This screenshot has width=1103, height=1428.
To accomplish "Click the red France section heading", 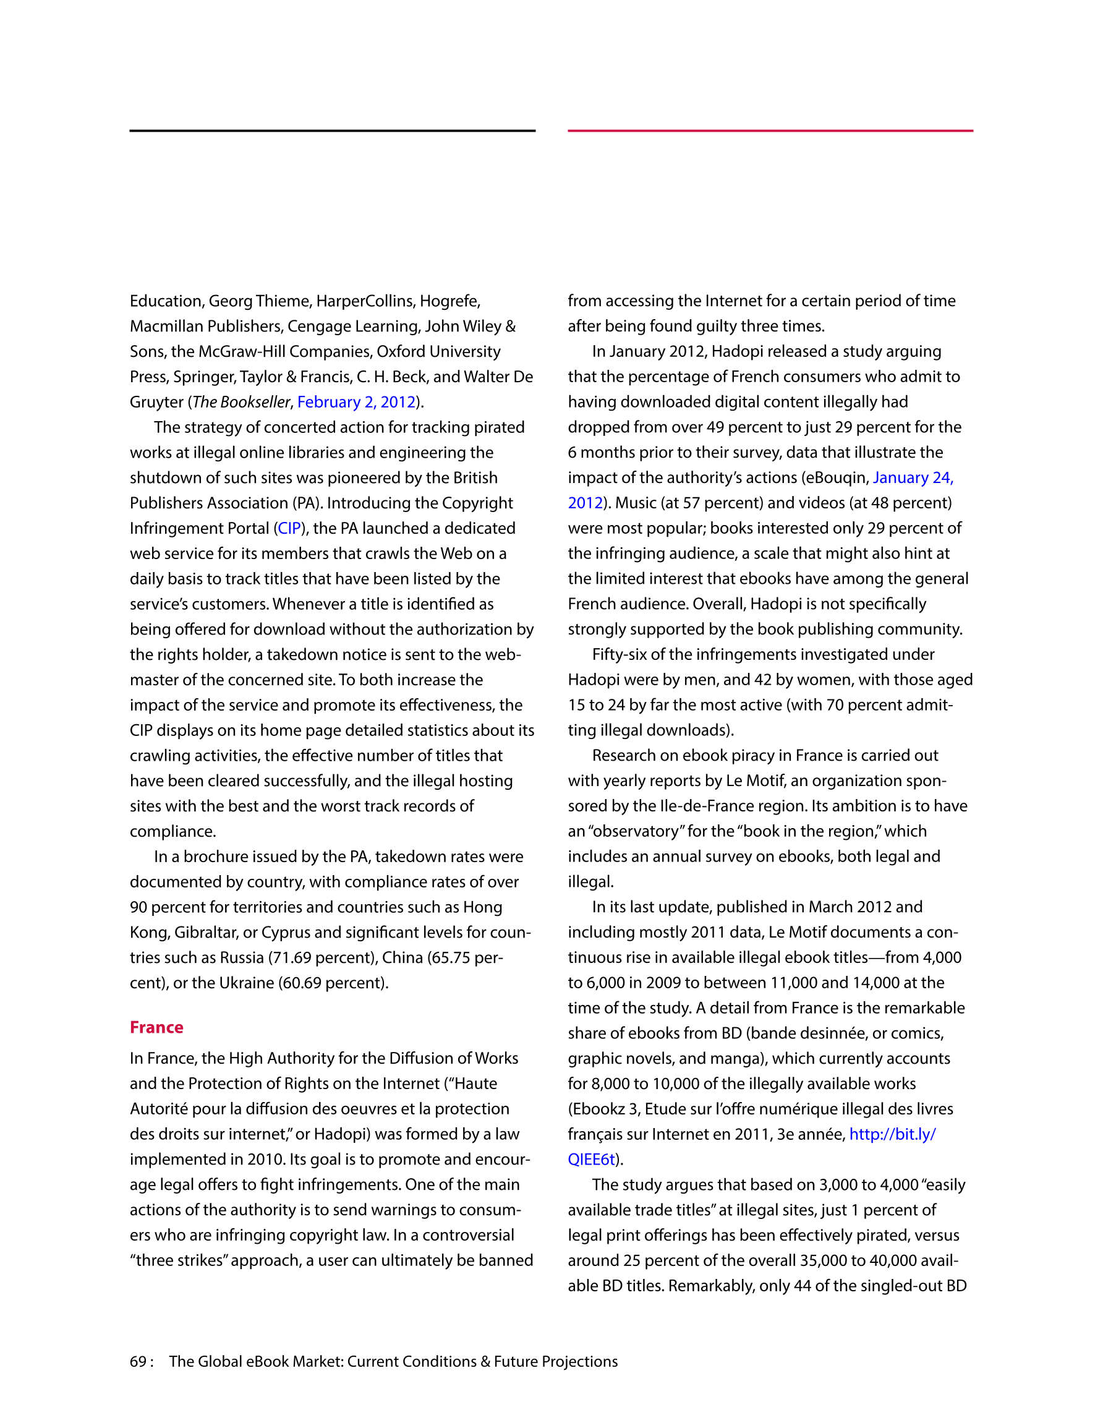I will (x=156, y=1027).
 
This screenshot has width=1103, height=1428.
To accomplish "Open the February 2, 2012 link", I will (x=356, y=401).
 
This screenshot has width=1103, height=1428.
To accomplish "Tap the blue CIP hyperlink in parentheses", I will (x=289, y=528).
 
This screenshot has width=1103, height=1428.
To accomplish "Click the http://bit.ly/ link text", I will (x=892, y=1134).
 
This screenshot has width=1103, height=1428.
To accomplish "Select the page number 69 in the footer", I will (x=138, y=1361).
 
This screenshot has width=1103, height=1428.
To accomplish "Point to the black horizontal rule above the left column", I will (x=332, y=130).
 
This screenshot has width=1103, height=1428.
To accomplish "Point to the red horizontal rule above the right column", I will (x=770, y=130).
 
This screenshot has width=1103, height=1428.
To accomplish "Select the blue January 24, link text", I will (x=913, y=478).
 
